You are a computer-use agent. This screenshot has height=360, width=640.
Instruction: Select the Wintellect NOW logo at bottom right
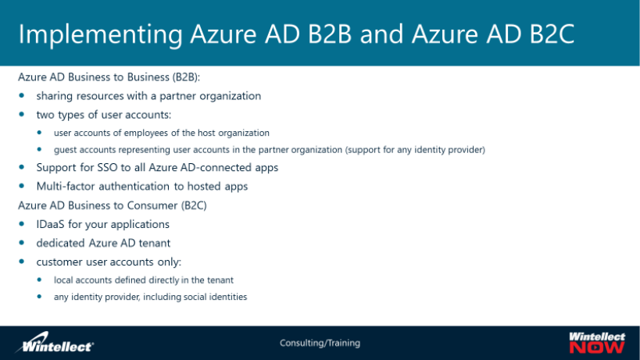(597, 342)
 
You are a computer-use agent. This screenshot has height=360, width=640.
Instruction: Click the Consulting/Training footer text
(320, 343)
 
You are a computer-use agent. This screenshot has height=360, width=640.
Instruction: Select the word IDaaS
(52, 224)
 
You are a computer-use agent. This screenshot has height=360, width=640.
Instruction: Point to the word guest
(66, 149)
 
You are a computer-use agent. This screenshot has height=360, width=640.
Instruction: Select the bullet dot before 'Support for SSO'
(23, 167)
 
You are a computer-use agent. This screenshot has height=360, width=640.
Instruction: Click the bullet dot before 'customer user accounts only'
(23, 261)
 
